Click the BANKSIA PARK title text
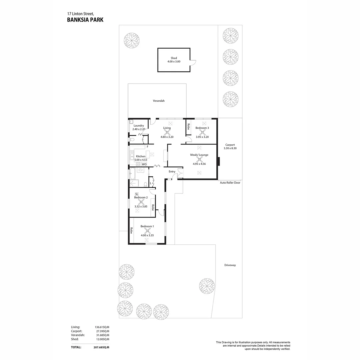click(85, 20)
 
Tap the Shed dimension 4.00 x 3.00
click(174, 62)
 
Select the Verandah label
click(159, 101)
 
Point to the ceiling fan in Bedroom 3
click(202, 132)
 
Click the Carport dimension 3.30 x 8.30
click(230, 148)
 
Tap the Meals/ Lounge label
click(199, 155)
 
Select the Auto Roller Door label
click(230, 183)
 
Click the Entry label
click(172, 172)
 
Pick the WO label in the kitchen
click(144, 164)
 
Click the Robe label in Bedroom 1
click(132, 230)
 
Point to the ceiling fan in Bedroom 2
click(141, 202)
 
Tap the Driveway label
click(230, 265)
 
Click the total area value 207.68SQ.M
click(102, 347)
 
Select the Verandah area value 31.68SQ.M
click(102, 335)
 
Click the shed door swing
click(193, 63)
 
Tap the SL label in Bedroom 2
click(137, 194)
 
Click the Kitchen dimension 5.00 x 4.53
click(141, 160)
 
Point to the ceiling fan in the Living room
click(167, 132)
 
